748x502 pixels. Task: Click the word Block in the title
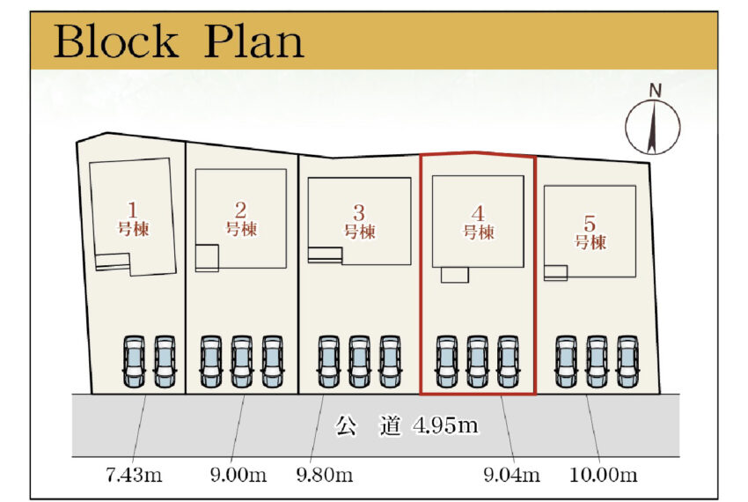pos(115,41)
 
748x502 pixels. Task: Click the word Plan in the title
pos(255,41)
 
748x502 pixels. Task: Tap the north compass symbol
pos(653,126)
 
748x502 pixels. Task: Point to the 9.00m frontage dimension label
pos(238,476)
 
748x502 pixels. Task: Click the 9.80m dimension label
pos(325,476)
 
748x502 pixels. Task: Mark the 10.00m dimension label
pos(604,476)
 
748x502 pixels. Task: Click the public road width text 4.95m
pos(444,427)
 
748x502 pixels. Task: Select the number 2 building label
pos(240,220)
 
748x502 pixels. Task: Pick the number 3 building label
pos(358,222)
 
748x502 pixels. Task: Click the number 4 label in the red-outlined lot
pos(478,223)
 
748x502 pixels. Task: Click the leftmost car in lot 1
pos(134,361)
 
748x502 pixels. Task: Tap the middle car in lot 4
pos(477,361)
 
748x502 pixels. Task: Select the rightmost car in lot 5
pos(627,361)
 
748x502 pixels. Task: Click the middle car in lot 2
pos(241,361)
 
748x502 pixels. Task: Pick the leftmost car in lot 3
pos(328,361)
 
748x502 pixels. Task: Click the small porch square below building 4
pos(455,275)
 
